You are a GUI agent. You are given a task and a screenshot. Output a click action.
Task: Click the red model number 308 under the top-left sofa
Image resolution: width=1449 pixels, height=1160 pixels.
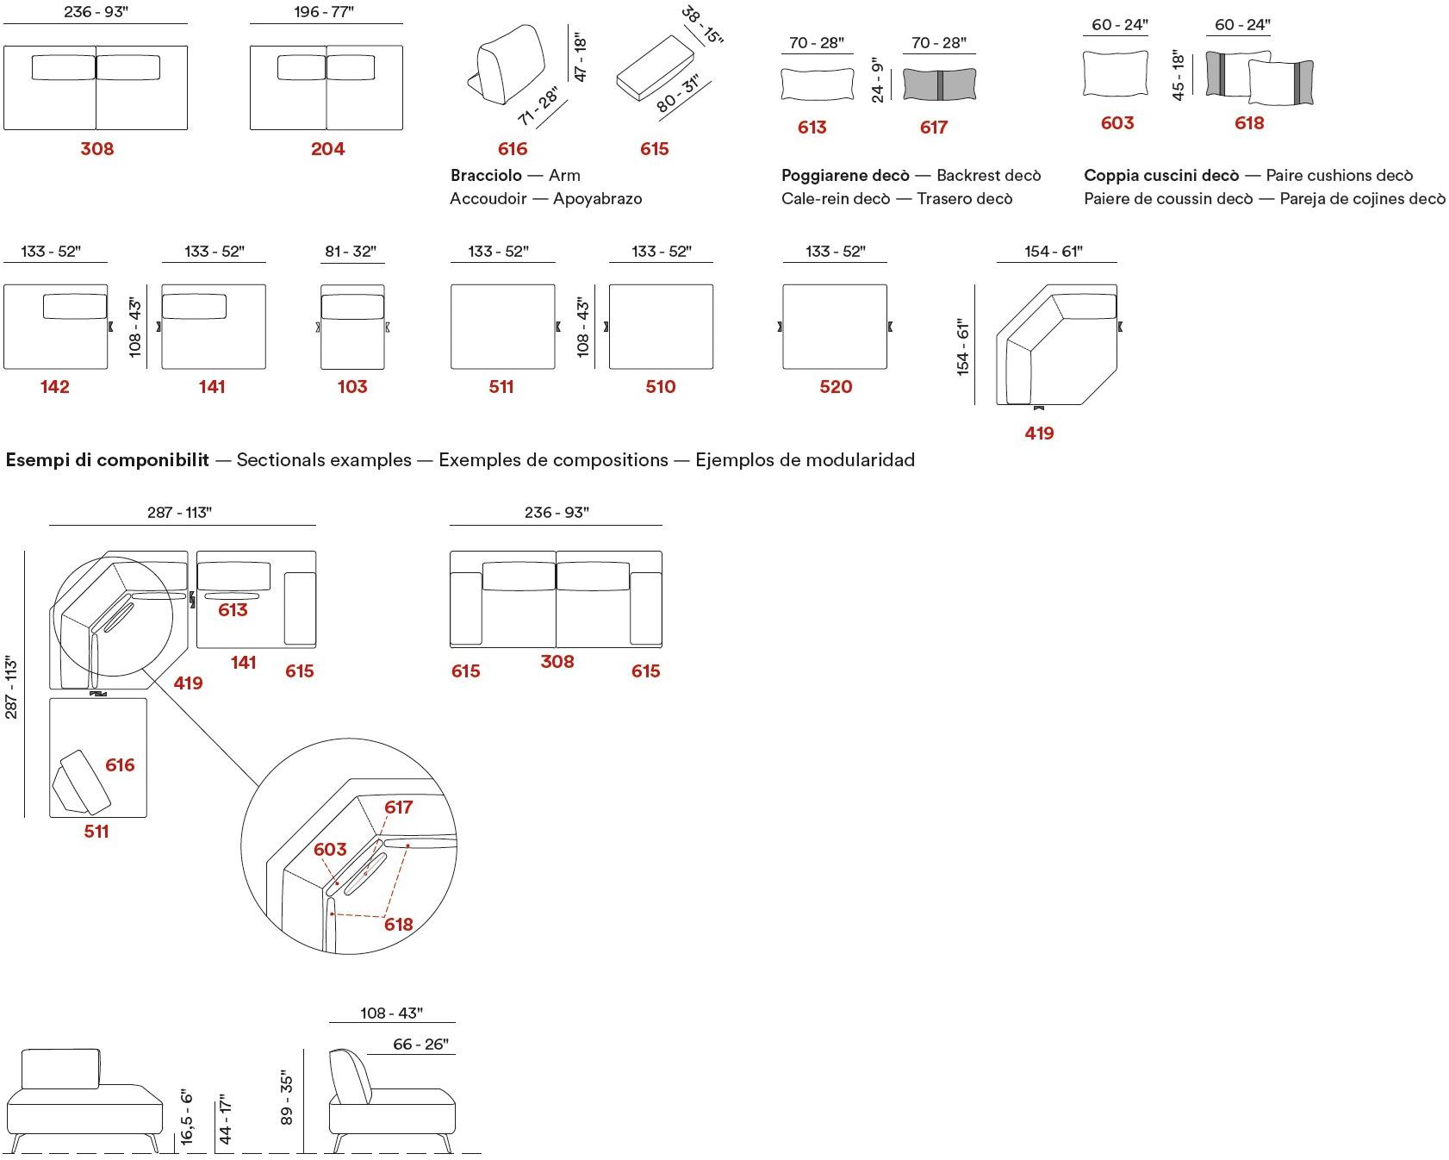pyautogui.click(x=96, y=149)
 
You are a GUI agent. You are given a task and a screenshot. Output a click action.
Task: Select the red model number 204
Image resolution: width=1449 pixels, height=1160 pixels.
pyautogui.click(x=327, y=149)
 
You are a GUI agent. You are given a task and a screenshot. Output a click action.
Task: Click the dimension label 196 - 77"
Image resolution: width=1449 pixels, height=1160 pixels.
pyautogui.click(x=324, y=12)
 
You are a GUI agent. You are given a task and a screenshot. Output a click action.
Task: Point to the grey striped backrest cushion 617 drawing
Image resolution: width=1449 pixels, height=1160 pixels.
pyautogui.click(x=939, y=84)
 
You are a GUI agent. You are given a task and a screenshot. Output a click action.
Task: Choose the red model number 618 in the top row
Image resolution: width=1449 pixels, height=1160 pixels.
pyautogui.click(x=1249, y=123)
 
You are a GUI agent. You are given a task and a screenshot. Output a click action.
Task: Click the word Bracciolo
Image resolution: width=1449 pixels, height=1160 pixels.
pyautogui.click(x=486, y=176)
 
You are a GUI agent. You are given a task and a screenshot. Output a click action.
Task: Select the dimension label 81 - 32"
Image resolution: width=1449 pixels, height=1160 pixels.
pyautogui.click(x=351, y=252)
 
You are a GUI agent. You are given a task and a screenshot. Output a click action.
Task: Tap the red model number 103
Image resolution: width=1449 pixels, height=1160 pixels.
pyautogui.click(x=352, y=387)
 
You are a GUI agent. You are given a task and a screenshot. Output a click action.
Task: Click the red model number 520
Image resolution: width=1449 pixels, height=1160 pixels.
pyautogui.click(x=835, y=387)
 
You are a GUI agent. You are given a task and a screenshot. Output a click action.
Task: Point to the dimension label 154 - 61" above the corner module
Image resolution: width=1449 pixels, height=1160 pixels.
pyautogui.click(x=1053, y=252)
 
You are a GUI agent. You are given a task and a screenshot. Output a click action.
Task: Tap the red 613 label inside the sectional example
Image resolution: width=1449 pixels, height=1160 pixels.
pyautogui.click(x=233, y=610)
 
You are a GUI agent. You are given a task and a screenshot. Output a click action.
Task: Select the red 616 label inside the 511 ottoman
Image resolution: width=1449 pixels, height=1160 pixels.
pyautogui.click(x=120, y=765)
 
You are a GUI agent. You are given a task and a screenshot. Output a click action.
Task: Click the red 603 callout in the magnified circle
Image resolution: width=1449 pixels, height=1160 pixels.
pyautogui.click(x=330, y=850)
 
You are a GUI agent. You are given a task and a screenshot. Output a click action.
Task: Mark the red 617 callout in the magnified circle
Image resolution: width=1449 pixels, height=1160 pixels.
pyautogui.click(x=399, y=808)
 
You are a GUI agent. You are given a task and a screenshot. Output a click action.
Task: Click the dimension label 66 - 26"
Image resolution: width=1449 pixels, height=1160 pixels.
pyautogui.click(x=420, y=1045)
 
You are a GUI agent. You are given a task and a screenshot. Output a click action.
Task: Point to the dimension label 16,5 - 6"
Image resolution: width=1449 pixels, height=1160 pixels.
pyautogui.click(x=188, y=1118)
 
